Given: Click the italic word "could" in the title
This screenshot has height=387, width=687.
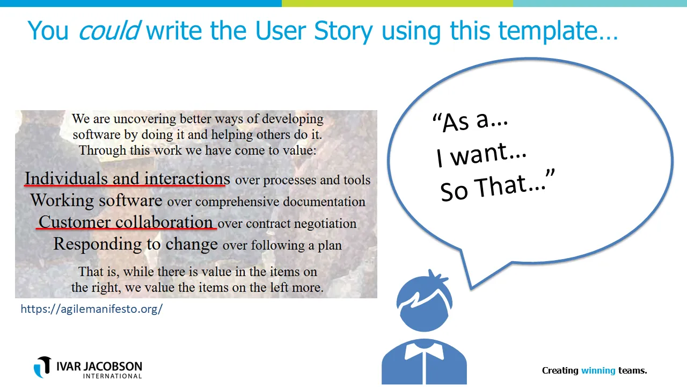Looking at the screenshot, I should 109,31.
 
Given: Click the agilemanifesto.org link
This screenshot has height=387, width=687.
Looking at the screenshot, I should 91,309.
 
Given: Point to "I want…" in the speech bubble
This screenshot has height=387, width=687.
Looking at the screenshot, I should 481,154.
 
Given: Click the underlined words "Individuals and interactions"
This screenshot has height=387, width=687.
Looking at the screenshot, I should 127,178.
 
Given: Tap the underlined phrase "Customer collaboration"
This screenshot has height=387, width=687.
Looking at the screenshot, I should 126,221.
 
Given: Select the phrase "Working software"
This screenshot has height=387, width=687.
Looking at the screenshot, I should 96,200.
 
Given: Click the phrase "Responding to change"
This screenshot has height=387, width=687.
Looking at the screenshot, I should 135,243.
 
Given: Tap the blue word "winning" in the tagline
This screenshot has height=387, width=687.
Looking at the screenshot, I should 598,370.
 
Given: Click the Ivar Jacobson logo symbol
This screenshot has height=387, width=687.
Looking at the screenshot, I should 42,367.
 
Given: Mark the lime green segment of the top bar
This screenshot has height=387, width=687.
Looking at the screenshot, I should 397,3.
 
